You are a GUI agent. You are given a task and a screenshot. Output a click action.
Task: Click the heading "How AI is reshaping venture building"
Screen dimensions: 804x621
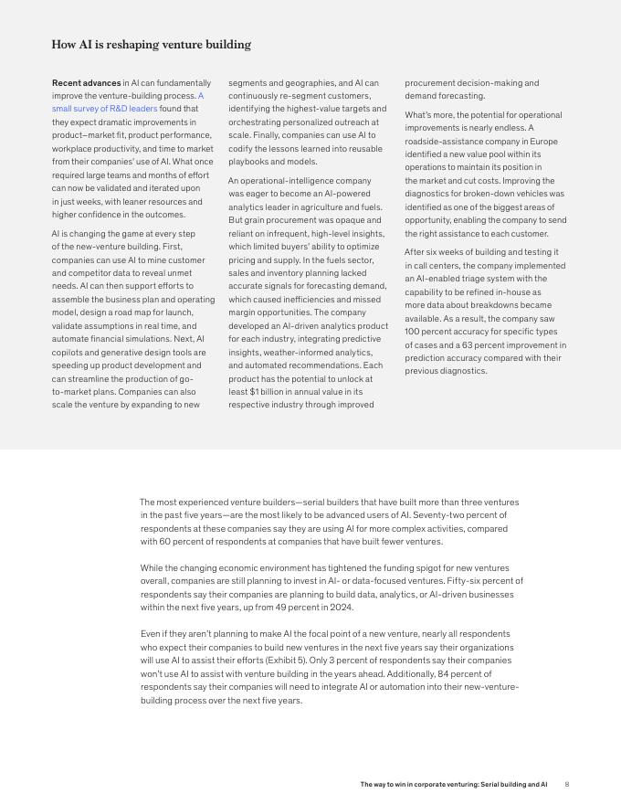click(151, 45)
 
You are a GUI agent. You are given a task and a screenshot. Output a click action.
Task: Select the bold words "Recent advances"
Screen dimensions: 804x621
click(86, 83)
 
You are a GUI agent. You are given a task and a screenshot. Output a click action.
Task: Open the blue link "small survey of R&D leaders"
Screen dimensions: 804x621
click(104, 109)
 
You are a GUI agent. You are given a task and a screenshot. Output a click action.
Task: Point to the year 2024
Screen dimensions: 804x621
click(340, 608)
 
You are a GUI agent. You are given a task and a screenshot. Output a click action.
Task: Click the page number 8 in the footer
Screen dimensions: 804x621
click(567, 785)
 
